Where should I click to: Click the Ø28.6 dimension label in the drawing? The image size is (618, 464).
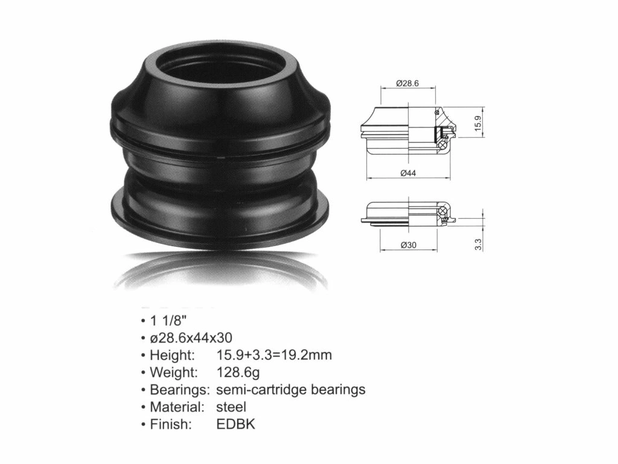[x=407, y=83]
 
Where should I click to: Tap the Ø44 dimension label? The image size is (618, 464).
[x=408, y=173]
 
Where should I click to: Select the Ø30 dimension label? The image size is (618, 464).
[x=409, y=245]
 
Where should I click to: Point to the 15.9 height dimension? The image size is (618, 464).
[x=478, y=123]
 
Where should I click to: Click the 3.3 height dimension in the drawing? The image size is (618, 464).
[x=478, y=245]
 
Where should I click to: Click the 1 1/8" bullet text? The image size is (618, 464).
[x=166, y=320]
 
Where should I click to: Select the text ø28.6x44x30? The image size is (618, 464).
[x=191, y=338]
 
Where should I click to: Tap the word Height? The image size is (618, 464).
[x=172, y=355]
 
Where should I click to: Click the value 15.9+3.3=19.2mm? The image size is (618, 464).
[x=274, y=355]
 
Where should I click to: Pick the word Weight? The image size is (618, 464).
[x=174, y=372]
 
